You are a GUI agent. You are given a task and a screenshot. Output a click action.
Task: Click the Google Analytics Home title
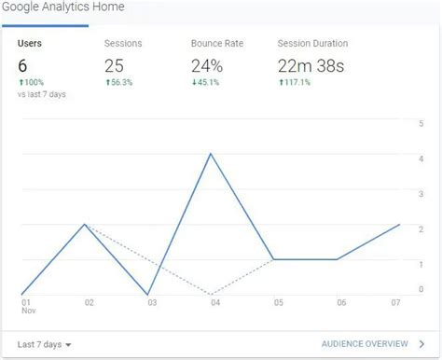(63, 7)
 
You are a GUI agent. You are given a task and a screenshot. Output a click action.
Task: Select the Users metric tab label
(30, 43)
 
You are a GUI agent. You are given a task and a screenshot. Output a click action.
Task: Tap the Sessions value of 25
(115, 65)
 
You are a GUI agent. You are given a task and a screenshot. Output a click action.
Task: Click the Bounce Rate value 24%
(207, 65)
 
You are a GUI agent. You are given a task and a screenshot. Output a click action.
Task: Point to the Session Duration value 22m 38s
(312, 65)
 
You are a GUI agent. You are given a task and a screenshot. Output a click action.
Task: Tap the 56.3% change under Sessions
(118, 81)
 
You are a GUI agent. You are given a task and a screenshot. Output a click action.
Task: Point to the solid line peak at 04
(212, 153)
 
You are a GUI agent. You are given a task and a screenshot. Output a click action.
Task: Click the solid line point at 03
(149, 295)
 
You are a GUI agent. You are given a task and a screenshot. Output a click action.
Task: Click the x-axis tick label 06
(341, 303)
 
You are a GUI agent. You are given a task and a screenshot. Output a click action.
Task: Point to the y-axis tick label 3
(421, 193)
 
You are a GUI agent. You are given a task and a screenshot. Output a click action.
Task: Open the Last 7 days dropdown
(45, 344)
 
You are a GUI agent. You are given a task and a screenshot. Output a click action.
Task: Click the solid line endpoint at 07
(399, 225)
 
